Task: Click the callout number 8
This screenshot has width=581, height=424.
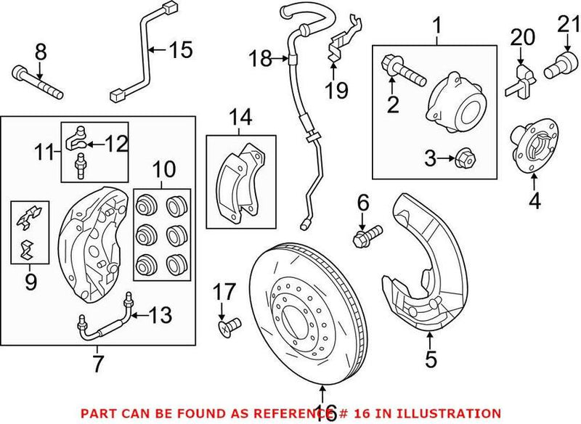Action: [39, 51]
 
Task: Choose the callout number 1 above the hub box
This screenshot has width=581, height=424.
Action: [436, 27]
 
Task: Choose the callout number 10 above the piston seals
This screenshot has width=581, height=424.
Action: [163, 171]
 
